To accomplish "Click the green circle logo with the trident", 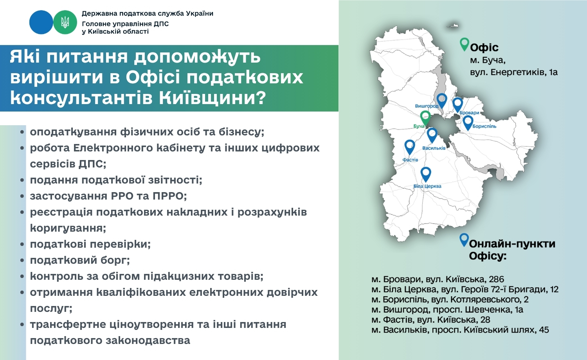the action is click(65, 22).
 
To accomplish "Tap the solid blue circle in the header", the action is click(41, 22).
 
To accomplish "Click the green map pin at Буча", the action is click(425, 117).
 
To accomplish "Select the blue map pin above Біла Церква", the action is click(426, 174).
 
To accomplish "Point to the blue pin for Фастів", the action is click(410, 147).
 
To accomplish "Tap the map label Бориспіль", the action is click(484, 126).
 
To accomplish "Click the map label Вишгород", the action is click(427, 106).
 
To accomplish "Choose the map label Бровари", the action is click(469, 113).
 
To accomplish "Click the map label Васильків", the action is click(434, 148).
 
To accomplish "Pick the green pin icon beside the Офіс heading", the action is click(465, 44).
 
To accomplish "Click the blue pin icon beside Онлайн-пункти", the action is click(464, 240).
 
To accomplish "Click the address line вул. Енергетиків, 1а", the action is click(513, 72).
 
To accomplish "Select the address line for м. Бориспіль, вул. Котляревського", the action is click(450, 299).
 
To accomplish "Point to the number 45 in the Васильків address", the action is click(544, 329).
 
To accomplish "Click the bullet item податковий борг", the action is click(80, 260).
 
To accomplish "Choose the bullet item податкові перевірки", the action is click(90, 244).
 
